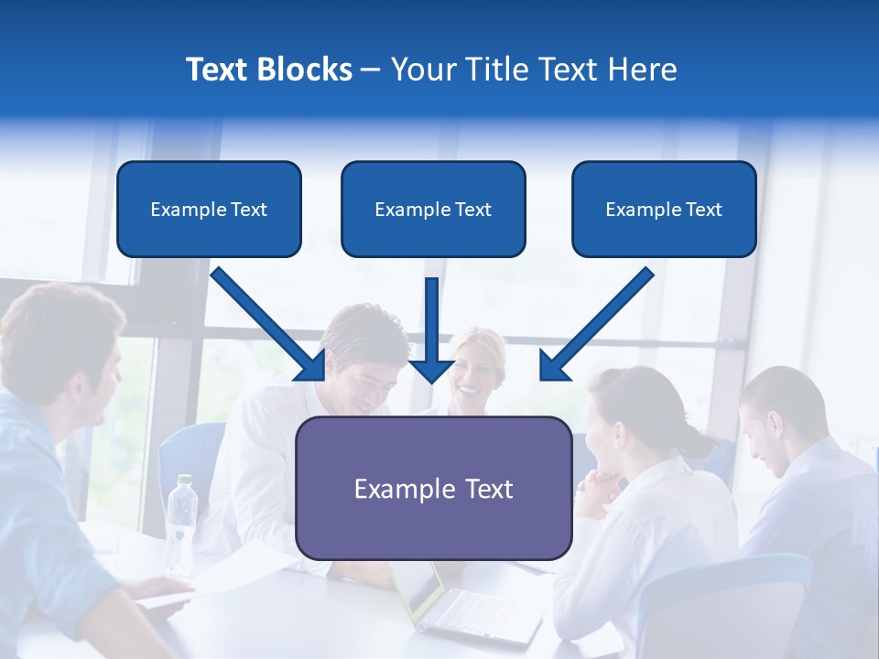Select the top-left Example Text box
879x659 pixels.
click(x=209, y=209)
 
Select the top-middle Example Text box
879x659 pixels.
click(x=433, y=209)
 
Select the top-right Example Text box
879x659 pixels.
click(x=664, y=209)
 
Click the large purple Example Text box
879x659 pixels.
click(x=433, y=488)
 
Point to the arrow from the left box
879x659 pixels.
click(x=270, y=325)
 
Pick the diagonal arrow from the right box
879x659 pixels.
click(x=595, y=325)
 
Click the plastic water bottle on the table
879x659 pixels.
click(x=181, y=522)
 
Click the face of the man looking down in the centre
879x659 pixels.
click(x=366, y=366)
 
